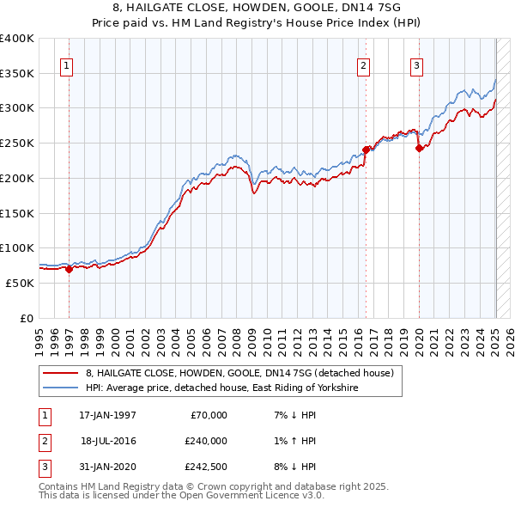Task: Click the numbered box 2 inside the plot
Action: click(364, 65)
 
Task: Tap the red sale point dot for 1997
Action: click(70, 269)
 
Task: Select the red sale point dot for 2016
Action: click(367, 150)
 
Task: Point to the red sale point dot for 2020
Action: click(420, 148)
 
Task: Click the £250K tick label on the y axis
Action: click(16, 144)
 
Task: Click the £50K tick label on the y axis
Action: click(20, 283)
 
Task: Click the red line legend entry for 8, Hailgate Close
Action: click(239, 373)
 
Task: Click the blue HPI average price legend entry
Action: click(221, 388)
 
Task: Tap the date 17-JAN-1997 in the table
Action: click(107, 415)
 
